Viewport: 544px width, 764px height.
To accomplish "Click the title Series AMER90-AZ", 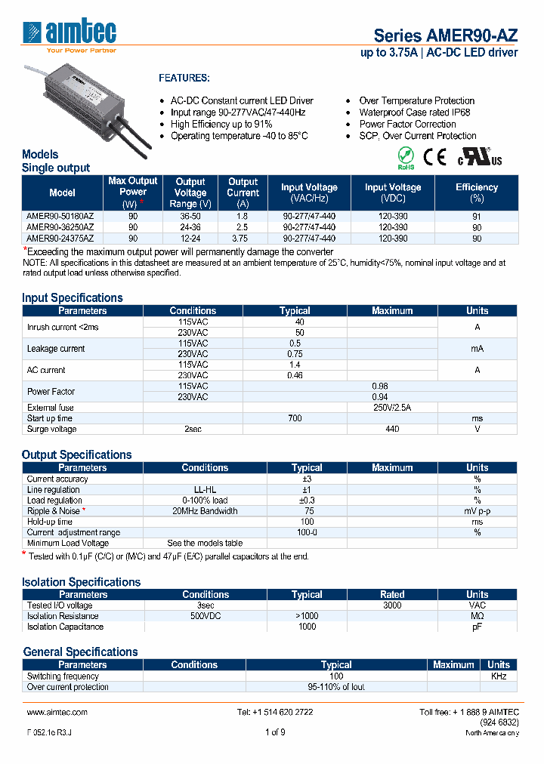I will point(446,35).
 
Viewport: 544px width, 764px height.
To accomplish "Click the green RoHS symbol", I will point(406,157).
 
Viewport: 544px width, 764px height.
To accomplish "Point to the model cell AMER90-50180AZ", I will point(60,215).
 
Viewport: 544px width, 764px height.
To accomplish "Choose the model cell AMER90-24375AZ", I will point(60,238).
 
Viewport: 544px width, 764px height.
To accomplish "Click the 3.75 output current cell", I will point(243,238).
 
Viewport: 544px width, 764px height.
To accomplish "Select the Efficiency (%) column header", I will point(476,193).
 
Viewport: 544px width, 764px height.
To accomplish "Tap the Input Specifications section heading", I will point(73,297).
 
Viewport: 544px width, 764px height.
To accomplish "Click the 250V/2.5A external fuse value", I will point(392,407).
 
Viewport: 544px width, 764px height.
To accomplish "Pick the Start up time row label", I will point(50,418).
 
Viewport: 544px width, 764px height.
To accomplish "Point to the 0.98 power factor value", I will point(379,386).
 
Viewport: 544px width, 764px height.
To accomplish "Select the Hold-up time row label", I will point(50,522).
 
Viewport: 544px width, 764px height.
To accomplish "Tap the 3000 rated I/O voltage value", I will point(392,605).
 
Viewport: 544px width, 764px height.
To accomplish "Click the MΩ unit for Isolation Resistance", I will point(477,616).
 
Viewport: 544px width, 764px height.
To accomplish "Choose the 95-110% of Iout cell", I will point(336,687).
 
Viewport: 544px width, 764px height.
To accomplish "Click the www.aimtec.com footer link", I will point(57,712).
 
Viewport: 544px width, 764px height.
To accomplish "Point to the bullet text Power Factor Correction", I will point(407,124).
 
